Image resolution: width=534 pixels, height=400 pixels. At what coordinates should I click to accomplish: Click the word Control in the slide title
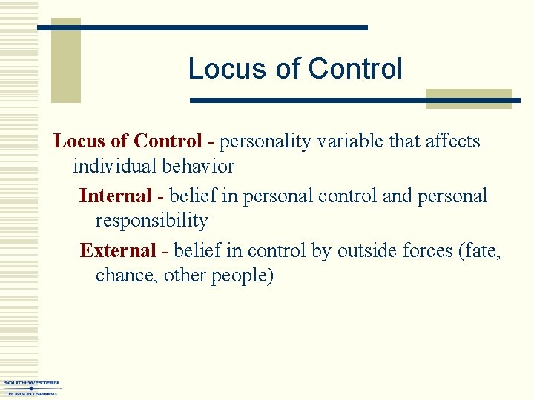[x=355, y=69]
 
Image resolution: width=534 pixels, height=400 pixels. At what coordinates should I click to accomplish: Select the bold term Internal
[x=115, y=196]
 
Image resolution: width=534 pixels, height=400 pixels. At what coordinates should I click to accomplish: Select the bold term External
[x=118, y=251]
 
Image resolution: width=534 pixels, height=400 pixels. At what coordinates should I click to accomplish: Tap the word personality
[x=264, y=141]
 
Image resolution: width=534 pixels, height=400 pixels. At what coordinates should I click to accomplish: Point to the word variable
[x=351, y=141]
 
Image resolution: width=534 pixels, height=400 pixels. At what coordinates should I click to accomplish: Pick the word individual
[x=116, y=166]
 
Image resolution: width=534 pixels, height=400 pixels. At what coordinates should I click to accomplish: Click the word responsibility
[x=151, y=221]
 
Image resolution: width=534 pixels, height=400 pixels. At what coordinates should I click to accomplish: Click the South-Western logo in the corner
[x=31, y=387]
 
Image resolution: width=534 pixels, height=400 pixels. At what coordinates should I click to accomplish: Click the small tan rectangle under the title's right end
[x=469, y=99]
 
